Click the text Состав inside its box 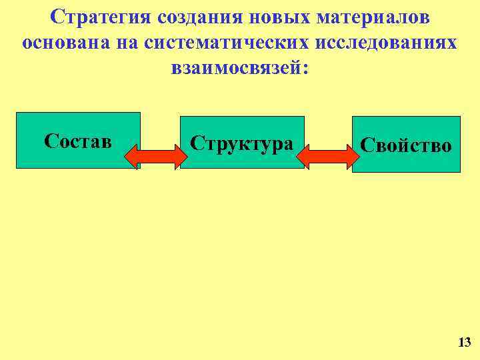[x=78, y=141]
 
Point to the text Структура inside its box [x=241, y=143]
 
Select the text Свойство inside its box [x=406, y=145]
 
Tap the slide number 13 [x=464, y=343]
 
